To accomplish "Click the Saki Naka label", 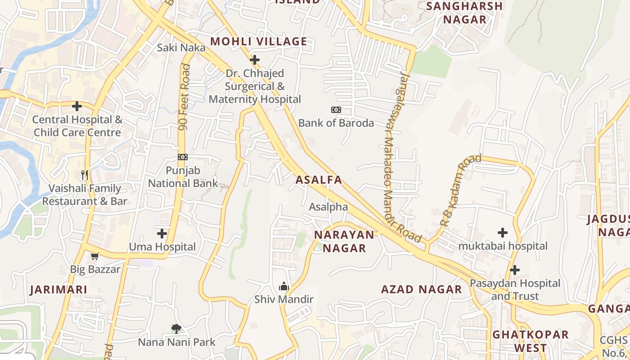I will (x=181, y=48).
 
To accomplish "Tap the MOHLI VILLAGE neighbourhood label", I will (x=259, y=42).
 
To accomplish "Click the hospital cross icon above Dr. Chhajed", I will (x=255, y=59).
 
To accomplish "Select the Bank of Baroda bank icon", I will (x=336, y=110).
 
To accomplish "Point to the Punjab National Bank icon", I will (x=183, y=157).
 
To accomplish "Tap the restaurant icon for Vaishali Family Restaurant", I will (x=85, y=175).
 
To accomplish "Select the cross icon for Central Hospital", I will (x=77, y=106).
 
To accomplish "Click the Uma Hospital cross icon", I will (x=162, y=234).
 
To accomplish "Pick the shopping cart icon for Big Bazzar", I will (x=94, y=256).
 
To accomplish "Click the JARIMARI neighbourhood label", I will (x=58, y=290).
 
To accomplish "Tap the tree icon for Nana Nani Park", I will (x=176, y=329).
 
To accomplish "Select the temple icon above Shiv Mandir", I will (x=283, y=286).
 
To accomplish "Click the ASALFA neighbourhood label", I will (x=319, y=180).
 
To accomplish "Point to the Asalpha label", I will (x=328, y=207).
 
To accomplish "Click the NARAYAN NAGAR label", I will (x=344, y=241).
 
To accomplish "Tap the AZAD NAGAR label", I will (x=421, y=289).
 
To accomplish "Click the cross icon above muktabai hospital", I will (x=503, y=233).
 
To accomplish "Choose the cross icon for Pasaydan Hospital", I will (x=515, y=270).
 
